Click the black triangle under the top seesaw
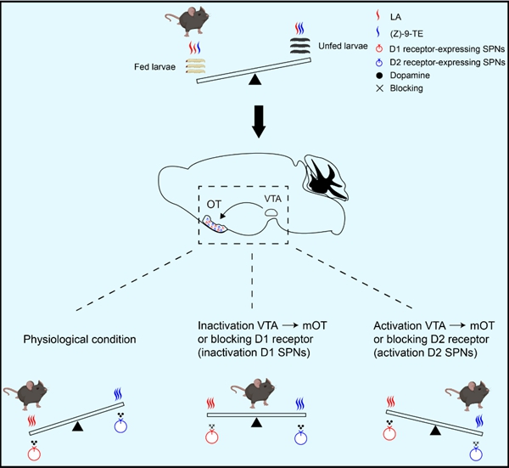click(255, 80)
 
